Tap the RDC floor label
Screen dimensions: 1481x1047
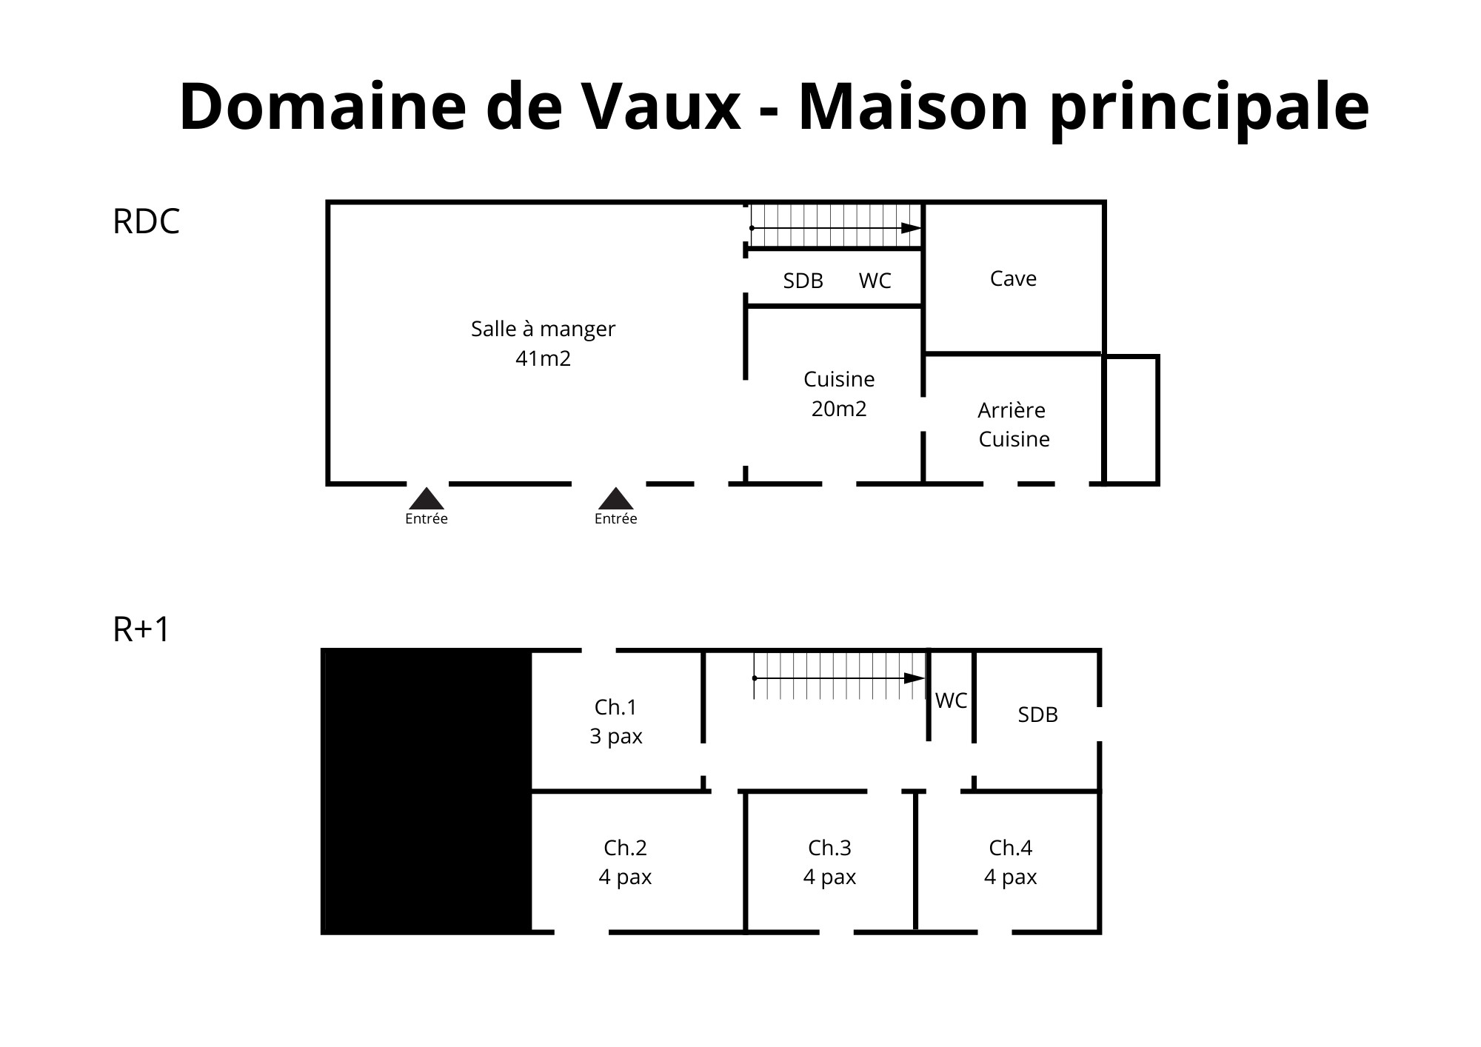tap(146, 221)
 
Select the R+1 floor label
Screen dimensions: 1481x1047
tap(141, 629)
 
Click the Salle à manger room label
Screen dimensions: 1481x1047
tap(543, 330)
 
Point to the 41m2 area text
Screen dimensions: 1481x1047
tap(543, 359)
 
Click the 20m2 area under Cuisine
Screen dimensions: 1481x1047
tap(839, 409)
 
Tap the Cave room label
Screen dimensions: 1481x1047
tap(1013, 278)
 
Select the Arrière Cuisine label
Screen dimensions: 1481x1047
tap(1013, 424)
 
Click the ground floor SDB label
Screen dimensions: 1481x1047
tap(803, 281)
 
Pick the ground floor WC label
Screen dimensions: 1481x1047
tap(875, 281)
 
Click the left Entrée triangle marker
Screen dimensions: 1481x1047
tap(427, 499)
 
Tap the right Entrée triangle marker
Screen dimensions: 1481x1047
tap(616, 499)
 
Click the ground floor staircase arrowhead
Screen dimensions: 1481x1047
tap(911, 228)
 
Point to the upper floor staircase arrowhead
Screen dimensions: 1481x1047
tap(915, 678)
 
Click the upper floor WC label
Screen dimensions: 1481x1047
tap(952, 700)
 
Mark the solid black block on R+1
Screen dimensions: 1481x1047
tap(427, 792)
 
